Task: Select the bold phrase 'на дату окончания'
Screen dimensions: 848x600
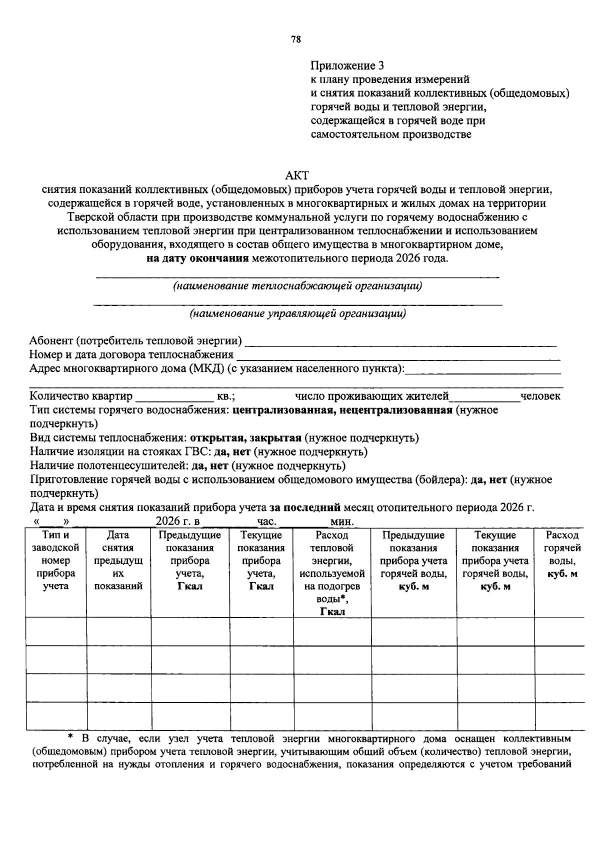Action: (197, 258)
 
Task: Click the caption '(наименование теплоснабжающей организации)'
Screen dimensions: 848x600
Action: (297, 286)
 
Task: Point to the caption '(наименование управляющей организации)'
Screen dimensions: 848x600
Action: (297, 314)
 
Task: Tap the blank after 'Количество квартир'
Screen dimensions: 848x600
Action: (174, 397)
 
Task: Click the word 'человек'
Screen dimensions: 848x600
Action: (540, 396)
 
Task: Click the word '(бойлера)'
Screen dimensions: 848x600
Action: (442, 480)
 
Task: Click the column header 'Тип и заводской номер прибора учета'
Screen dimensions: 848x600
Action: (56, 560)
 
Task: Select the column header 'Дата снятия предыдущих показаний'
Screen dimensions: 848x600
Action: (118, 560)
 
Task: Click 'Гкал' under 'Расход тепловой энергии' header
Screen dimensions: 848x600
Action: (332, 612)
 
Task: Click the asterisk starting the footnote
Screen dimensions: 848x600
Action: (70, 737)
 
